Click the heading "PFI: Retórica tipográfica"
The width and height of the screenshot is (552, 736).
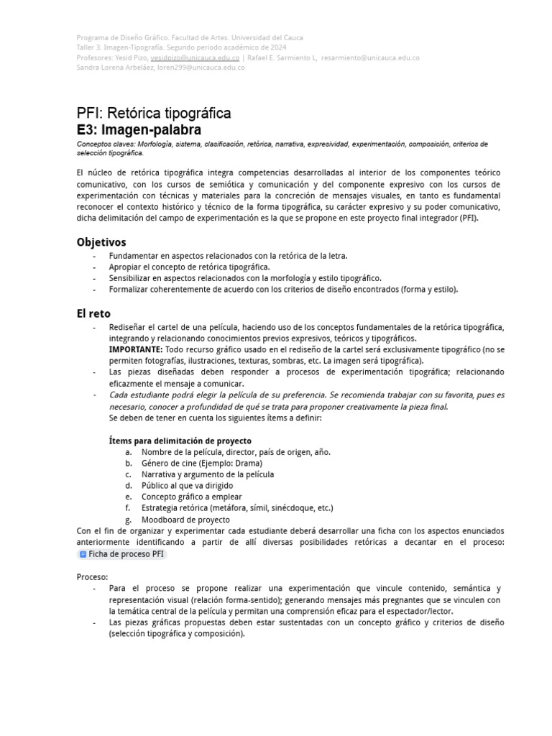coord(154,114)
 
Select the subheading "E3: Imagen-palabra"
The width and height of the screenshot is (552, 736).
coord(139,130)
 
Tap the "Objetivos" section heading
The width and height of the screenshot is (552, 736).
coord(101,242)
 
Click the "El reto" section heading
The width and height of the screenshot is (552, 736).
coord(93,313)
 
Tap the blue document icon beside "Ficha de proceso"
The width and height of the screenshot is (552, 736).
coord(83,554)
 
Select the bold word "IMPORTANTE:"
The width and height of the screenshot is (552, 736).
coord(136,349)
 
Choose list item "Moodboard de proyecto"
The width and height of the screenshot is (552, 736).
coord(185,520)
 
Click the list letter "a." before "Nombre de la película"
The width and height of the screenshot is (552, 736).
coord(128,452)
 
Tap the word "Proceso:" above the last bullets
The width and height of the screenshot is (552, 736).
coord(92,577)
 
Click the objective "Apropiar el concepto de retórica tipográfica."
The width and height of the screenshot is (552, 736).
coord(189,267)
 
